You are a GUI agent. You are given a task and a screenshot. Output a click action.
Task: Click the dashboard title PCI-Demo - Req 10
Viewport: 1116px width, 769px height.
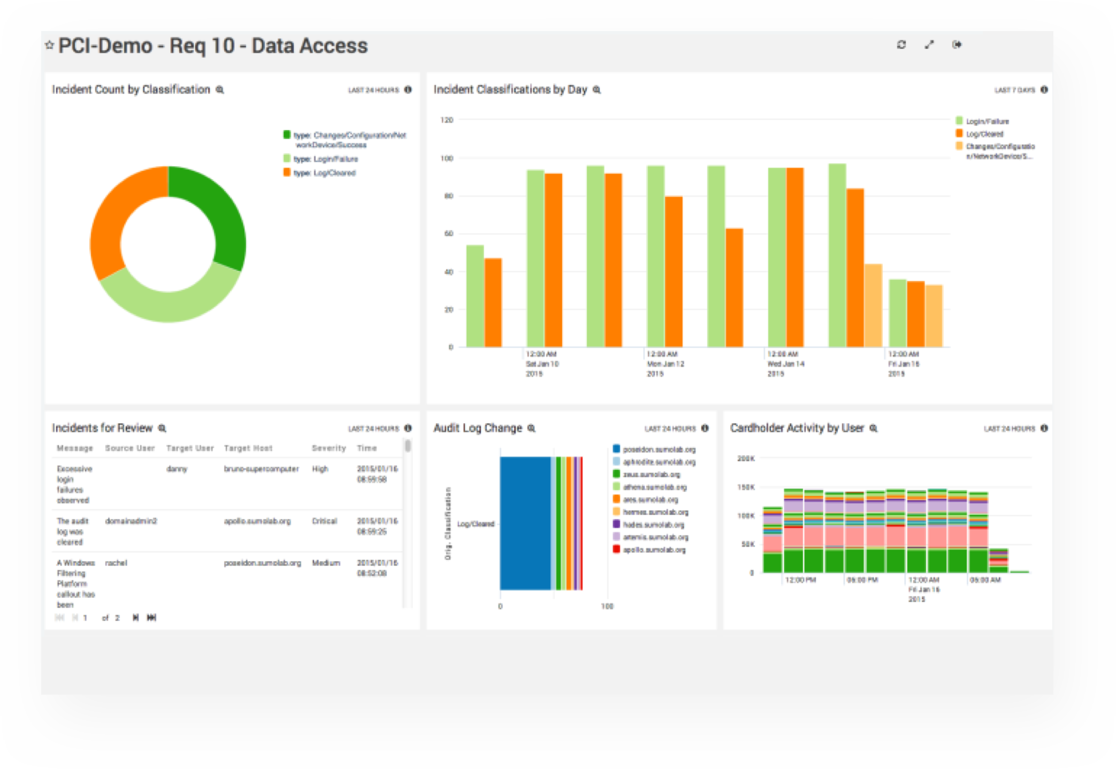click(x=212, y=46)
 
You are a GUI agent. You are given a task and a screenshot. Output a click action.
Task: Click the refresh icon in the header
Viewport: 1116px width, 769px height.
click(x=901, y=45)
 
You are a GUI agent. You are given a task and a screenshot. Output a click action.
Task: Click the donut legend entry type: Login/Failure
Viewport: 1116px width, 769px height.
click(x=325, y=159)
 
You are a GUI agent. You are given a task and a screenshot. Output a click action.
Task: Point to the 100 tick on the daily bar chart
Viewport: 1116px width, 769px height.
click(x=447, y=158)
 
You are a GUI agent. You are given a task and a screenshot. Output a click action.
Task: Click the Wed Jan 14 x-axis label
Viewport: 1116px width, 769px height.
click(x=785, y=364)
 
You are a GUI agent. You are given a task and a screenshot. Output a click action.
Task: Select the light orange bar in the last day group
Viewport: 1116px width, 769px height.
click(x=934, y=316)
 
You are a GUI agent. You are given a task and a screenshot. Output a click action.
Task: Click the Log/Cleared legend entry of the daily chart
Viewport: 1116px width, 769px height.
click(x=984, y=134)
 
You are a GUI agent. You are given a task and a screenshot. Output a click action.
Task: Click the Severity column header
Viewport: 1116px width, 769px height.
click(x=328, y=448)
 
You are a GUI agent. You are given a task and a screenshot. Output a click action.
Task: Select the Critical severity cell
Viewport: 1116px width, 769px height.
click(x=324, y=521)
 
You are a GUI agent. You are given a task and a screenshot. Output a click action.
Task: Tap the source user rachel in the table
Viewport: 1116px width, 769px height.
click(x=116, y=563)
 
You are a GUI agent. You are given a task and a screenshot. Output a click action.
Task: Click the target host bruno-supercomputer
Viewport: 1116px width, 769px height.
click(x=261, y=469)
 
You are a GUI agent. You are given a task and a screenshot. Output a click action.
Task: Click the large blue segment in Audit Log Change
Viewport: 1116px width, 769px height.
click(x=525, y=523)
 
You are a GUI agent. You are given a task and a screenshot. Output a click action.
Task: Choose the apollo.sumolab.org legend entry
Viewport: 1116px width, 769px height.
click(x=654, y=550)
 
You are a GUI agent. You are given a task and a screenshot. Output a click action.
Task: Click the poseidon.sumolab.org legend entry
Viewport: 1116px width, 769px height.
click(x=659, y=450)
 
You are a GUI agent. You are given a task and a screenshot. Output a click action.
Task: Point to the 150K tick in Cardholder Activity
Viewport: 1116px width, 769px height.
click(x=745, y=488)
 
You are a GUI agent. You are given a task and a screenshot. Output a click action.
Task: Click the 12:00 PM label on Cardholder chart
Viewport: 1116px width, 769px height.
click(x=800, y=580)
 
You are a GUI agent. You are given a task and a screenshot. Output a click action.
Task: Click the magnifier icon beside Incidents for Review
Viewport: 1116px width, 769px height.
click(x=163, y=429)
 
